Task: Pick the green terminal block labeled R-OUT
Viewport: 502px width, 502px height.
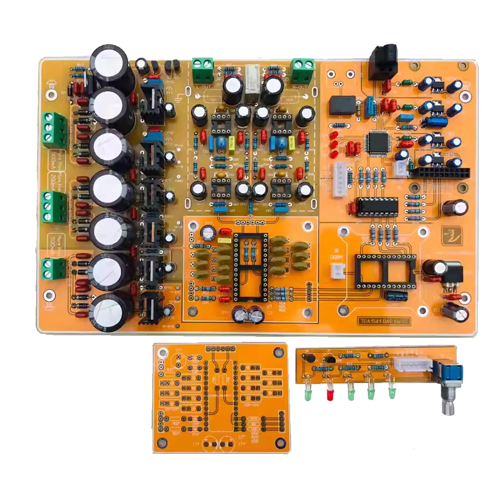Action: point(303,70)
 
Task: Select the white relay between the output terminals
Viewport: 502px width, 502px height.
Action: point(252,78)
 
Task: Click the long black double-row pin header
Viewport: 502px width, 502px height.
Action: point(442,172)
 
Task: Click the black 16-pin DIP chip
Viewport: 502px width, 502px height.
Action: point(377,206)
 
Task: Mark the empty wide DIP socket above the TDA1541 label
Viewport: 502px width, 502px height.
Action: point(385,271)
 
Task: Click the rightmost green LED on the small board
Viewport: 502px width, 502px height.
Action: point(391,391)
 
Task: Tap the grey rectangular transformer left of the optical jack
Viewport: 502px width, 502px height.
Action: point(342,105)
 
